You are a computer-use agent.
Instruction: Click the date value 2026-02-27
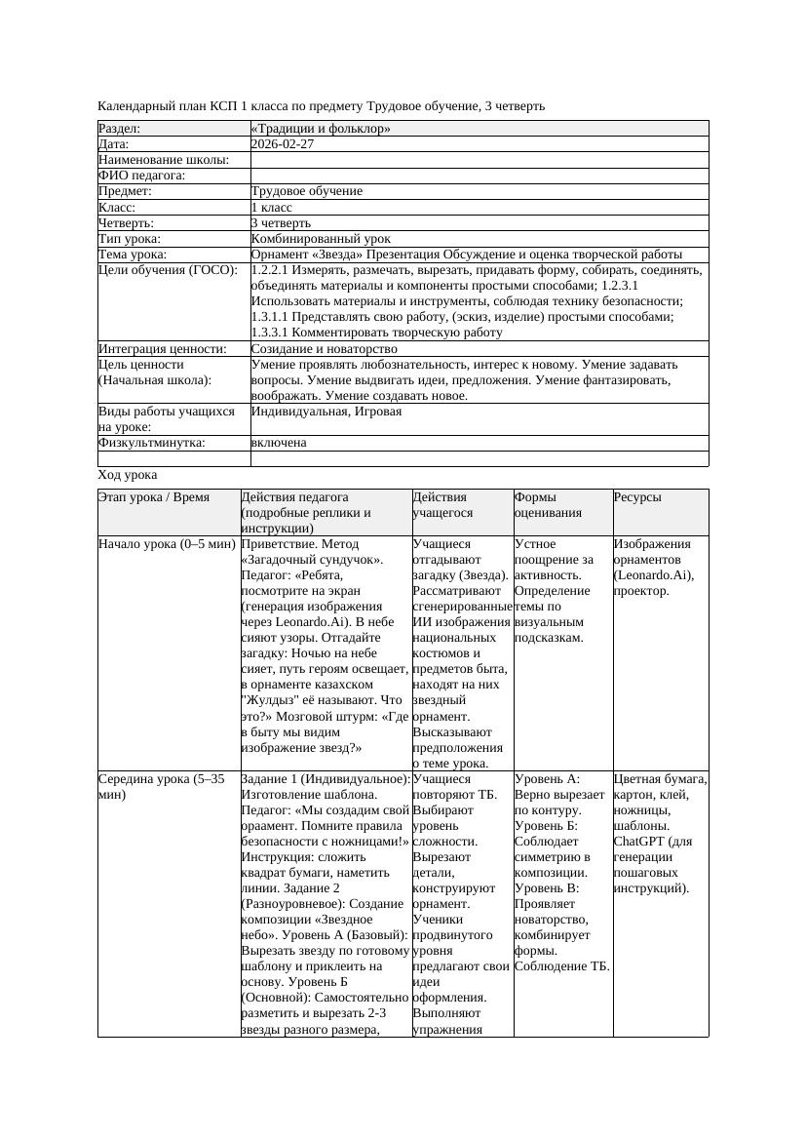(x=283, y=143)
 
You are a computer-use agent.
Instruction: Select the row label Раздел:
(x=119, y=128)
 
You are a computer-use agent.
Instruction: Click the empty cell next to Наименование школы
(x=479, y=160)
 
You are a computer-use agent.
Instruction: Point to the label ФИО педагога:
(x=142, y=176)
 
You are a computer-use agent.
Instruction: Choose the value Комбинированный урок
(x=321, y=238)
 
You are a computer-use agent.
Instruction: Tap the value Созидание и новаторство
(x=324, y=348)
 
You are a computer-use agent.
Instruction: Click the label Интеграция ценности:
(x=162, y=348)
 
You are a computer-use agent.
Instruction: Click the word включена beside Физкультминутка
(x=278, y=443)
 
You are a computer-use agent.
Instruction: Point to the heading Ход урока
(x=128, y=475)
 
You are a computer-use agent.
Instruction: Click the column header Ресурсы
(x=637, y=497)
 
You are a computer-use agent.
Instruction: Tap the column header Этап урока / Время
(x=154, y=497)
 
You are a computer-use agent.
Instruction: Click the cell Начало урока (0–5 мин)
(x=167, y=544)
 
